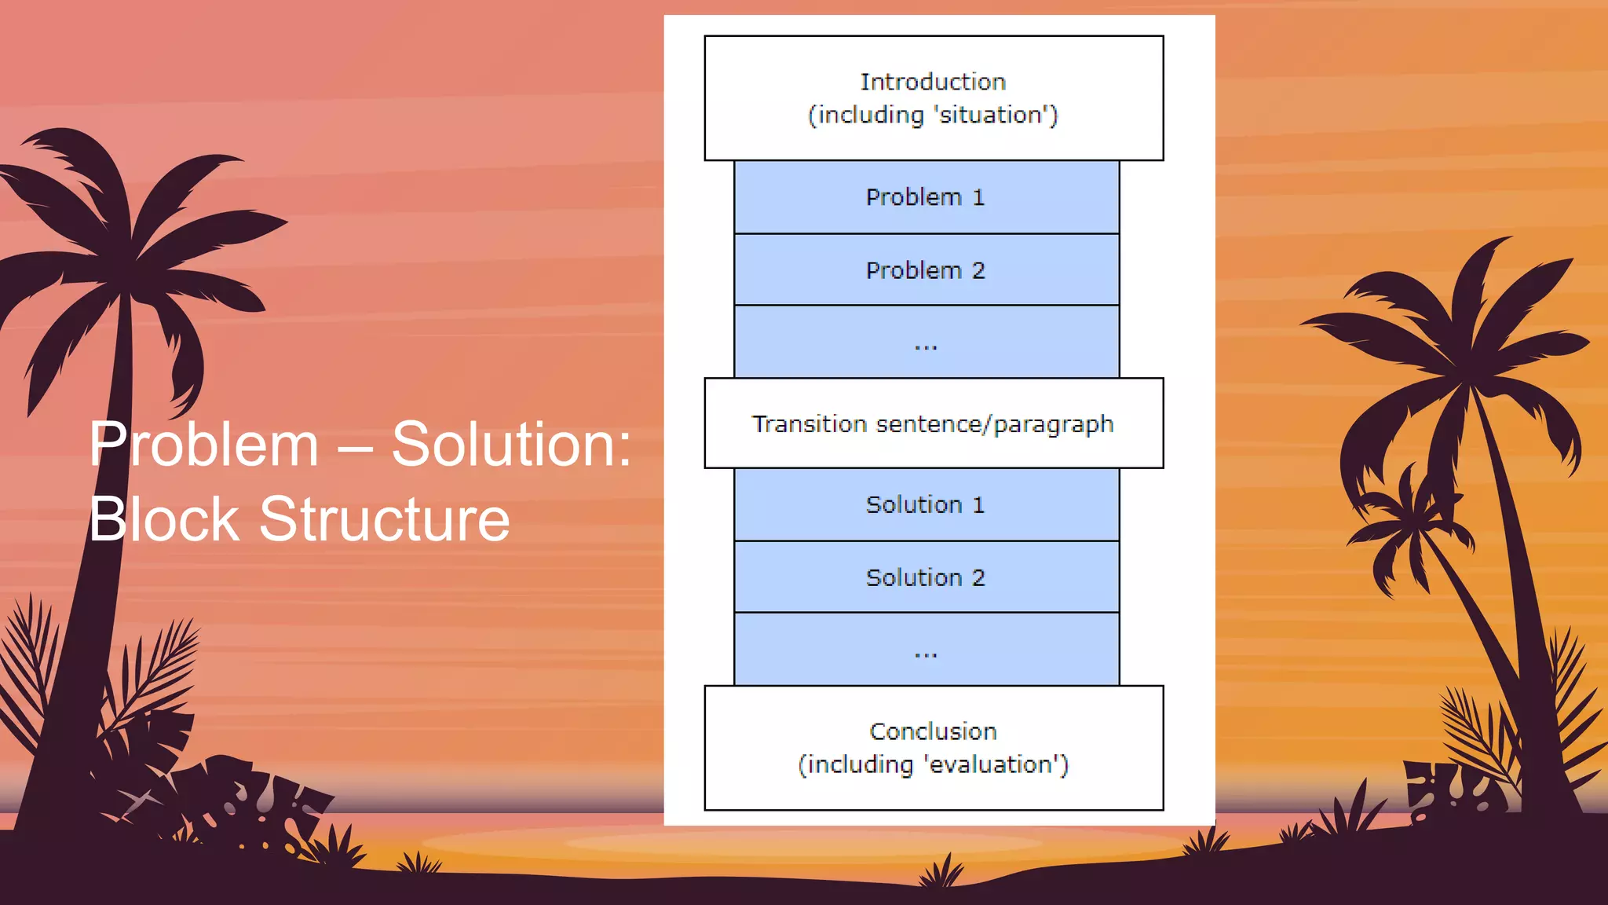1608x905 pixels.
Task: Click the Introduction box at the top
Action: pyautogui.click(x=934, y=98)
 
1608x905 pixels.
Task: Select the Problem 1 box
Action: pyautogui.click(x=926, y=197)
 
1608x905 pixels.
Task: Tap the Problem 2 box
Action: pyautogui.click(x=926, y=270)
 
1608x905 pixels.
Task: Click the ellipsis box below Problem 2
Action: pyautogui.click(x=926, y=343)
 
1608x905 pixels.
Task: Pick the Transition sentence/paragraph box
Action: pyautogui.click(x=934, y=424)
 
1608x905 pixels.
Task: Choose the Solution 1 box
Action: pyautogui.click(x=926, y=504)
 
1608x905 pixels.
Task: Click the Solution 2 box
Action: pyautogui.click(x=926, y=577)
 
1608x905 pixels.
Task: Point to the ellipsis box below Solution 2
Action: pyautogui.click(x=926, y=650)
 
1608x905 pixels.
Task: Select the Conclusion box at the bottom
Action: pyautogui.click(x=934, y=748)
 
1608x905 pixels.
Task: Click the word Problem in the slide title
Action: pyautogui.click(x=204, y=445)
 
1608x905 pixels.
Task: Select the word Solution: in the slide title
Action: pyautogui.click(x=511, y=445)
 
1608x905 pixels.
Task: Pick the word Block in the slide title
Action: pyautogui.click(x=164, y=519)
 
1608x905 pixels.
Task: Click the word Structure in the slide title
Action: pyautogui.click(x=385, y=519)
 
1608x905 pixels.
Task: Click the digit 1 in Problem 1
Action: pyautogui.click(x=978, y=197)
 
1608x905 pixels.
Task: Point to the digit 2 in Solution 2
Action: pyautogui.click(x=978, y=577)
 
